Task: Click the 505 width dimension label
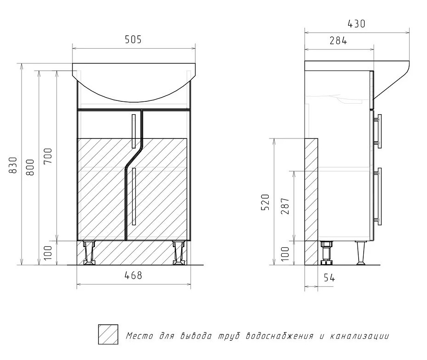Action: point(133,40)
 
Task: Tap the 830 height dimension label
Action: point(13,165)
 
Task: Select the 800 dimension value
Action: point(30,167)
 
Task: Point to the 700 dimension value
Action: point(47,156)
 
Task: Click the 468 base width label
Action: point(133,275)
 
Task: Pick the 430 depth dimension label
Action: point(356,24)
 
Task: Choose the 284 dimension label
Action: point(338,40)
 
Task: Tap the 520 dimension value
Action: point(265,202)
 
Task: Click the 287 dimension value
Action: point(285,206)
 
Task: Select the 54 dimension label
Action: point(329,278)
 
